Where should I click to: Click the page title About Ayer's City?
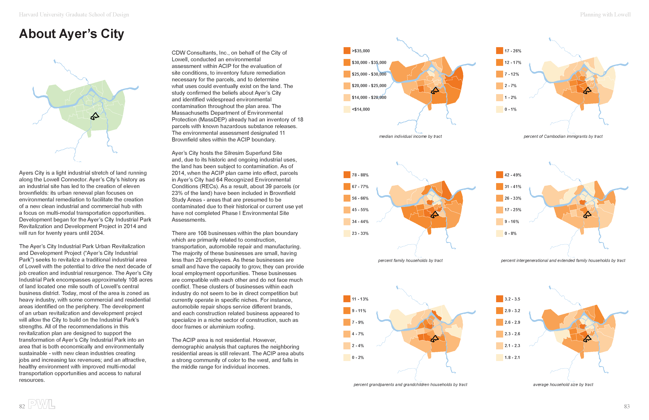pyautogui.click(x=71, y=34)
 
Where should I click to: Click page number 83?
pyautogui.click(x=627, y=406)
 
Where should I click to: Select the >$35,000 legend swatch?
pyautogui.click(x=347, y=51)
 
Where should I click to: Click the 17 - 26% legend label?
pyautogui.click(x=513, y=51)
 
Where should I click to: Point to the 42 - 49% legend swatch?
pyautogui.click(x=499, y=175)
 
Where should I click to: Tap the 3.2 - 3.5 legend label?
pyautogui.click(x=512, y=299)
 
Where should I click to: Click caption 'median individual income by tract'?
pyautogui.click(x=410, y=136)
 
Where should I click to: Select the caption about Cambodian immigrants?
pyautogui.click(x=563, y=136)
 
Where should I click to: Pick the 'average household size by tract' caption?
pyautogui.click(x=563, y=384)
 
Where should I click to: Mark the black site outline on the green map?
pyautogui.click(x=95, y=116)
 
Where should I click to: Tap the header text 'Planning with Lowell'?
pyautogui.click(x=605, y=15)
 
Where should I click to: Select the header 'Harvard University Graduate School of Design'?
pyautogui.click(x=74, y=15)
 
